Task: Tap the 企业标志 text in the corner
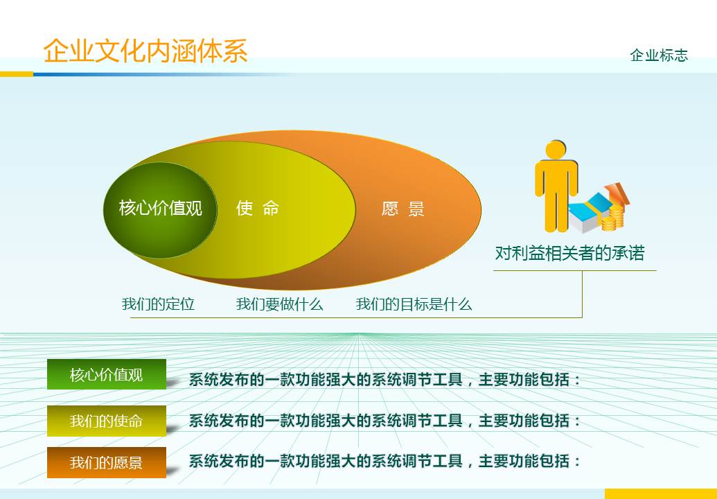click(659, 55)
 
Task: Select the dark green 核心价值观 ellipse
click(160, 209)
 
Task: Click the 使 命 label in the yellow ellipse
click(258, 208)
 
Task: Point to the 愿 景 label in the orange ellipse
click(402, 209)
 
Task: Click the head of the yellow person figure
click(556, 150)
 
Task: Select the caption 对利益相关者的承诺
click(569, 254)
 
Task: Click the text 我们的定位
click(158, 304)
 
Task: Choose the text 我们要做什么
click(279, 304)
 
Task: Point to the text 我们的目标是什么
click(414, 304)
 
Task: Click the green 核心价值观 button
click(107, 375)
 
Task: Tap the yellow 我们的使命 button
click(107, 421)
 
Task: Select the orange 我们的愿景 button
click(107, 462)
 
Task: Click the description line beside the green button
click(385, 380)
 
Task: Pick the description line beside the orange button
click(385, 462)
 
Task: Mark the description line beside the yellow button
click(385, 421)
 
